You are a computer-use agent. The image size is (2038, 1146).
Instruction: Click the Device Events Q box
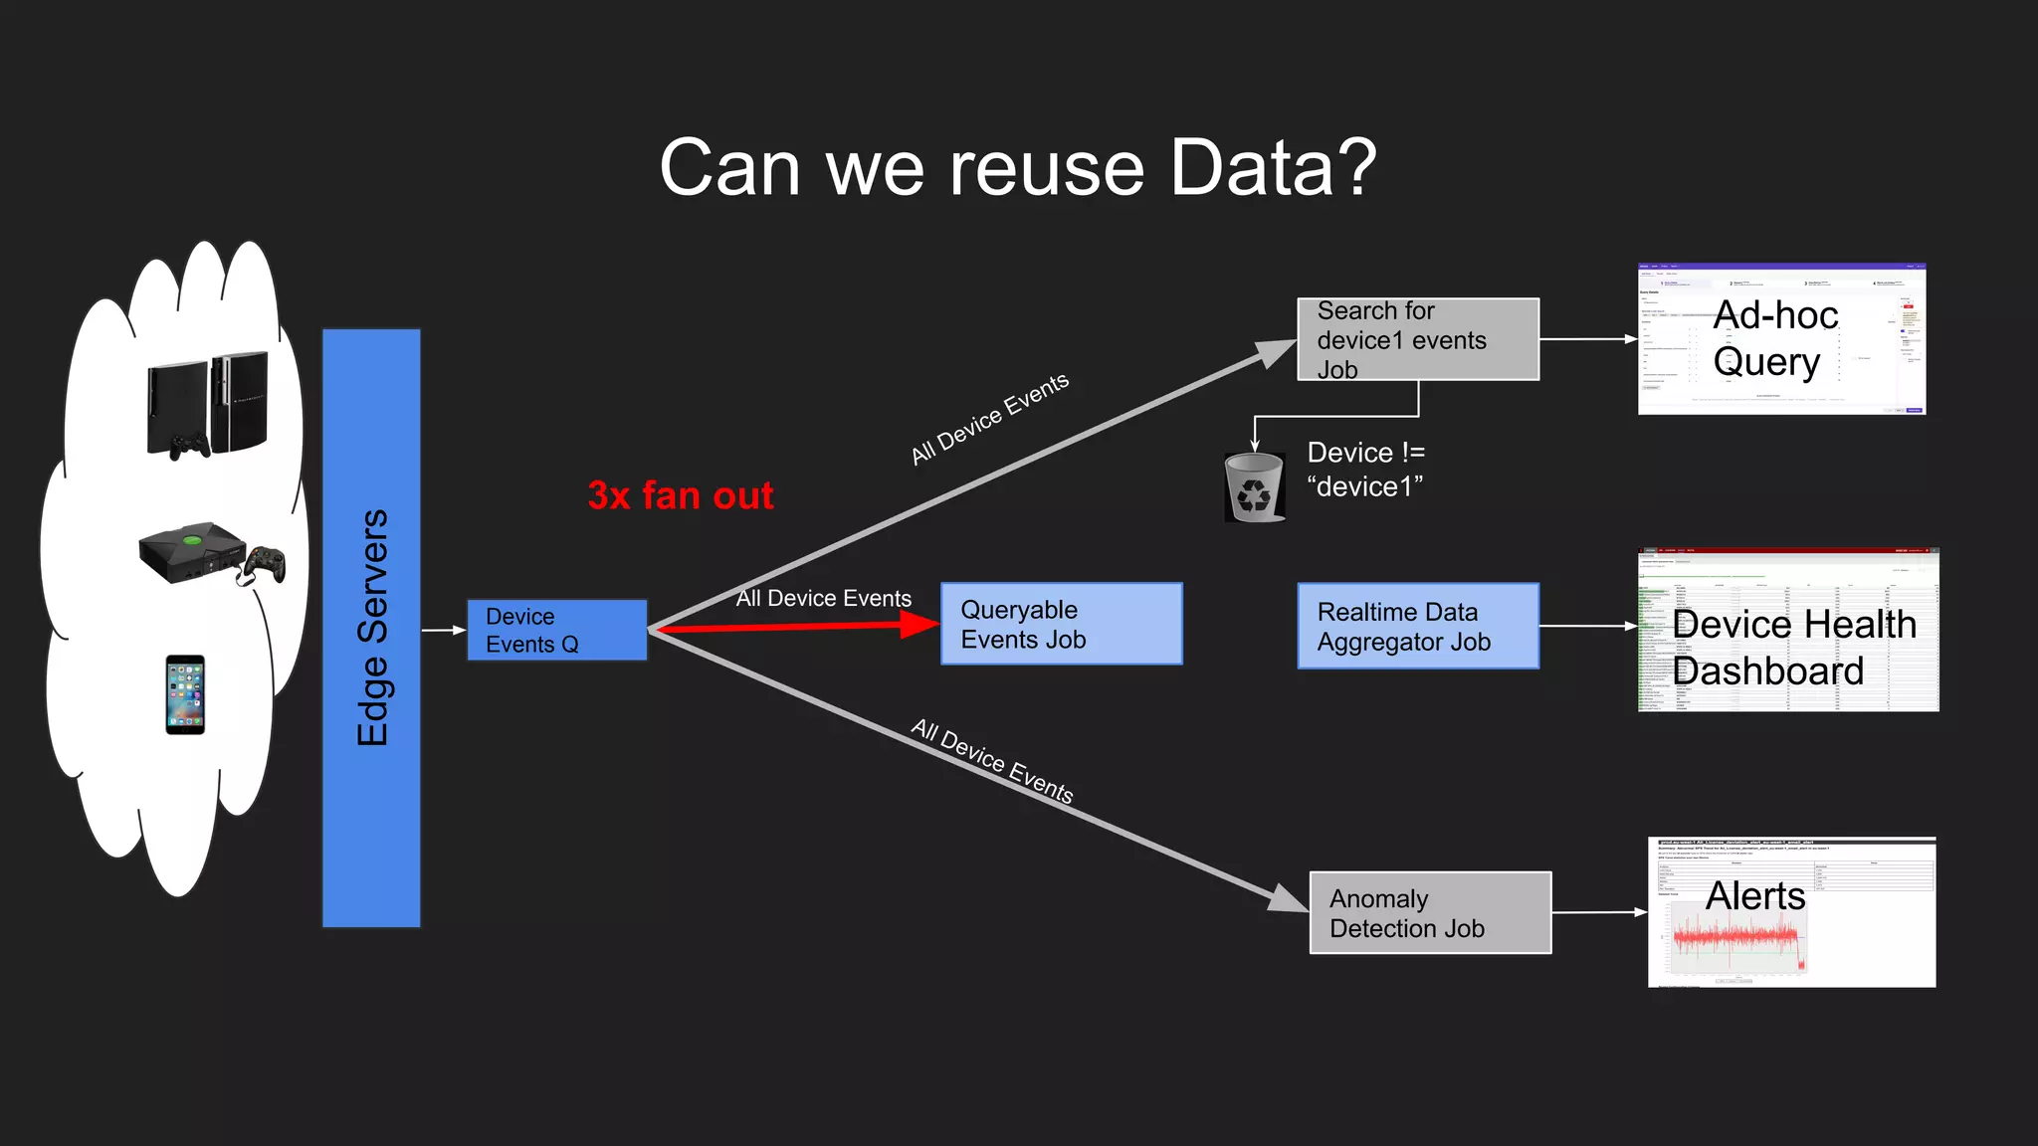[556, 630]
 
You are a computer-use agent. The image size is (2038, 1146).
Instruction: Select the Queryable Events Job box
[1061, 624]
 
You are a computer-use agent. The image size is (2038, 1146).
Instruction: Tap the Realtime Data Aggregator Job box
[1417, 626]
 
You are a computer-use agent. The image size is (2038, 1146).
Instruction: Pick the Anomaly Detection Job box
[1429, 912]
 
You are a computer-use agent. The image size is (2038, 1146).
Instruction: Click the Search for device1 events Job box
[1417, 339]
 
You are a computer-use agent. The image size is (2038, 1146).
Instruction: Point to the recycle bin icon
[1254, 486]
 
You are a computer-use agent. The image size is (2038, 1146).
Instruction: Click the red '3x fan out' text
[681, 495]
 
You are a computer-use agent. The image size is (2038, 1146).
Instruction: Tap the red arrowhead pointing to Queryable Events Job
[917, 624]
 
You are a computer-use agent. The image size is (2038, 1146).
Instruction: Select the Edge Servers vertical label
[372, 628]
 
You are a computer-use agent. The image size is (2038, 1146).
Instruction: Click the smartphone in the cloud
[185, 694]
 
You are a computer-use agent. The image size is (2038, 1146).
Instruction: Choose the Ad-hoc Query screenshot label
[1775, 338]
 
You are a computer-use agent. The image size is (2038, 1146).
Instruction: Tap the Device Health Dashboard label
[1793, 648]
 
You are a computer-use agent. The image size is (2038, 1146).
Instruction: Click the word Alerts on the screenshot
[1755, 895]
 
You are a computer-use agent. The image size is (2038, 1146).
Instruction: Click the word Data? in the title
[1273, 167]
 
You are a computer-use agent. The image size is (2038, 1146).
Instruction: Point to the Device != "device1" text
[1365, 470]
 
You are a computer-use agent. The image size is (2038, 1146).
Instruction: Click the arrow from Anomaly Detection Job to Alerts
[1598, 912]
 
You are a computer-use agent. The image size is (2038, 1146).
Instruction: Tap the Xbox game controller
[266, 564]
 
